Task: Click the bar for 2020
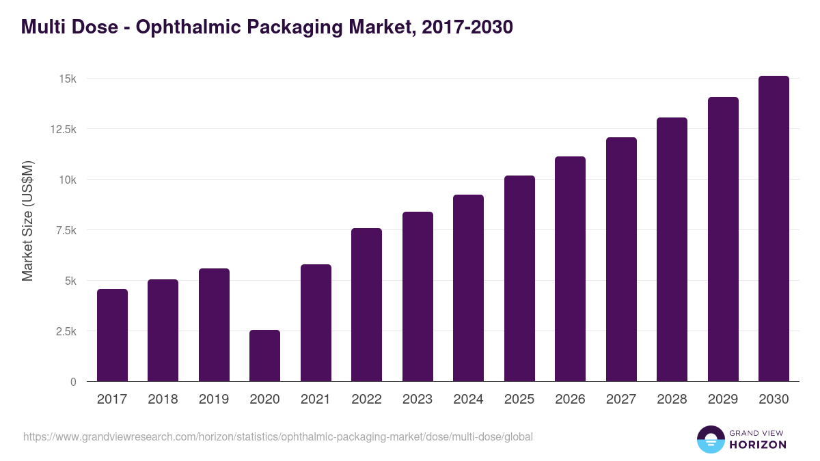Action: [264, 356]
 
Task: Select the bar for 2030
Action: [774, 229]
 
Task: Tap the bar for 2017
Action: [112, 335]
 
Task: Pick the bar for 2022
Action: [366, 305]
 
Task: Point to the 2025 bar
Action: [519, 279]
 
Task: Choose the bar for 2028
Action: [672, 249]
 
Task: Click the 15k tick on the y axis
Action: [66, 79]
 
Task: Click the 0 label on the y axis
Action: [73, 382]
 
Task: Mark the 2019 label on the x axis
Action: [214, 400]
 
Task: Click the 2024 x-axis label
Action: [468, 400]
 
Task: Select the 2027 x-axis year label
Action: [621, 400]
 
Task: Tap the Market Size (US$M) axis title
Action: [27, 221]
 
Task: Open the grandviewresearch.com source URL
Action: [277, 436]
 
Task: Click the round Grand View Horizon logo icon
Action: [710, 439]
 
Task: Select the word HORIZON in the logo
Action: [758, 445]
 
